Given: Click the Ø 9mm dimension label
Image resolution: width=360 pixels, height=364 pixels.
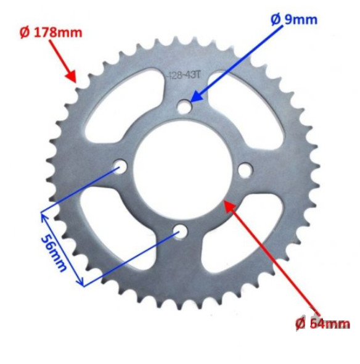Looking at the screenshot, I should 294,19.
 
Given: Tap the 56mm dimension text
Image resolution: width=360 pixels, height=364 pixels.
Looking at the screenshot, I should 55,252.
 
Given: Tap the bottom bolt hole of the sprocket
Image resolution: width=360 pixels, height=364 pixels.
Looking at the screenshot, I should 181,231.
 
